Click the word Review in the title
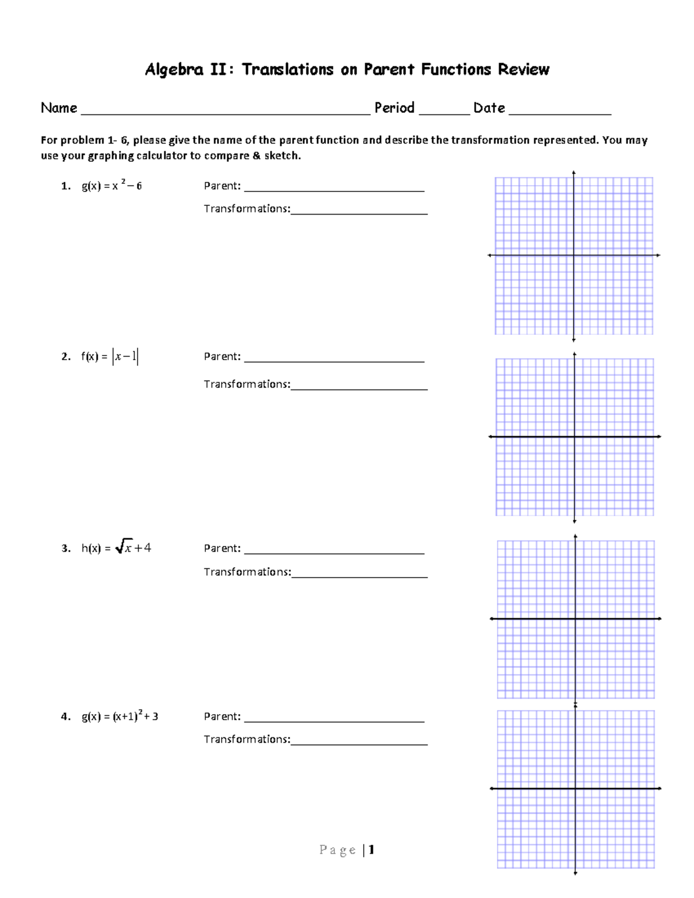click(523, 70)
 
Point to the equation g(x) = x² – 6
click(112, 186)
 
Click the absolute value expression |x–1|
click(125, 357)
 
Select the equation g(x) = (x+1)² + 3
click(120, 716)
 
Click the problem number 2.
click(65, 357)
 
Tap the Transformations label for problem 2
click(246, 384)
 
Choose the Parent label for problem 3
click(222, 548)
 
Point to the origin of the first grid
click(574, 255)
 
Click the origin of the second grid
click(574, 437)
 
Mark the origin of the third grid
click(575, 619)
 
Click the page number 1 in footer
click(371, 849)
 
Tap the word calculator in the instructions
click(161, 156)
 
